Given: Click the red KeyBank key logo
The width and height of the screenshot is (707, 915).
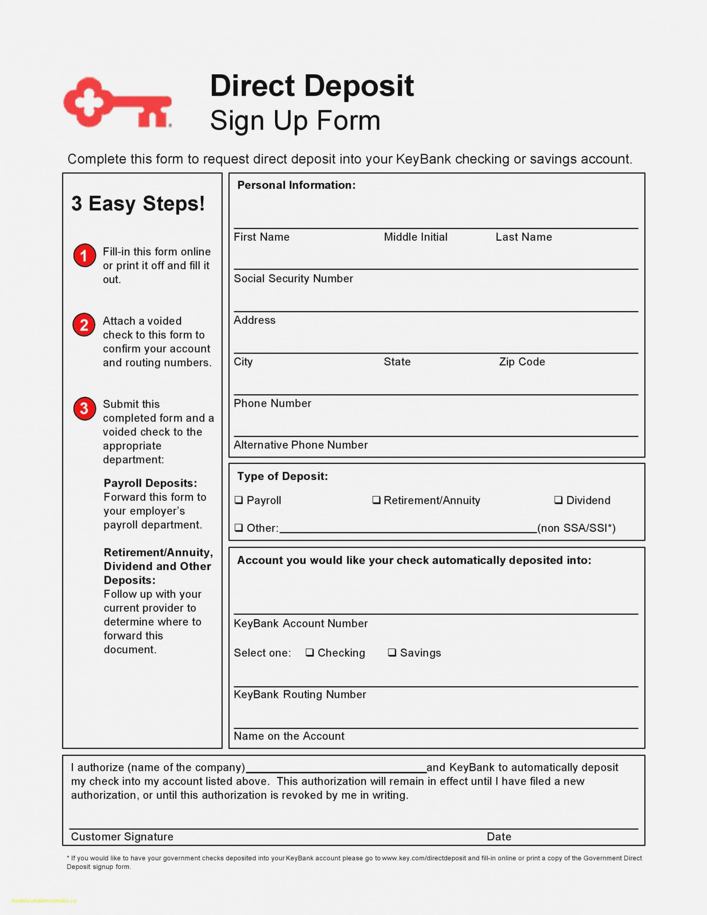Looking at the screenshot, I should pos(117,103).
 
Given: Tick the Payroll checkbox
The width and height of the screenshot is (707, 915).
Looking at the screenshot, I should pos(239,500).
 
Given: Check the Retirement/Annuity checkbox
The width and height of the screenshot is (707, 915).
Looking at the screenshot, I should pos(376,500).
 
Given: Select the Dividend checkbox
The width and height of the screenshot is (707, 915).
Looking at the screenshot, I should pos(558,500).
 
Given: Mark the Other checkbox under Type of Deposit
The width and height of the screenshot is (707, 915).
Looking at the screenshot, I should pos(239,528).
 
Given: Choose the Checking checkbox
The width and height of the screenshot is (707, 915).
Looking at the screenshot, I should pos(310,652).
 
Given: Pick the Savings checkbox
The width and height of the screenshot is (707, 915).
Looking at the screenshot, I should pos(392,652).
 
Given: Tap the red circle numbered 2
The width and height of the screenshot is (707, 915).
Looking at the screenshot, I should pos(84,325).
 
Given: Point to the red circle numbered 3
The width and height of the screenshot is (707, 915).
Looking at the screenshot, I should pos(84,408).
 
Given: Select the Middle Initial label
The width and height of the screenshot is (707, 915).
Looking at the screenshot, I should pos(415,237).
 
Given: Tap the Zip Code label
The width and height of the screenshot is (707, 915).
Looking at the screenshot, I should pos(522,361).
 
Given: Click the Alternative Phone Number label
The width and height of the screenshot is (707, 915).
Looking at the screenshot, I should pos(300,445).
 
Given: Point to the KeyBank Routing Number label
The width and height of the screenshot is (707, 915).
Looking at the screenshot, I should pos(300,694).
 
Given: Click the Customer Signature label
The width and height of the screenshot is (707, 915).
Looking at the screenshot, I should pos(122,837).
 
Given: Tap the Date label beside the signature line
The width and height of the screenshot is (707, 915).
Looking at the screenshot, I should pos(499,837).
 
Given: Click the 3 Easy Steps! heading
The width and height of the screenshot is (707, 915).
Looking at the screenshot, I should pos(138,204).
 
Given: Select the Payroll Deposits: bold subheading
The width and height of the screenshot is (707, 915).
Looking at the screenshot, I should pos(150,483).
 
